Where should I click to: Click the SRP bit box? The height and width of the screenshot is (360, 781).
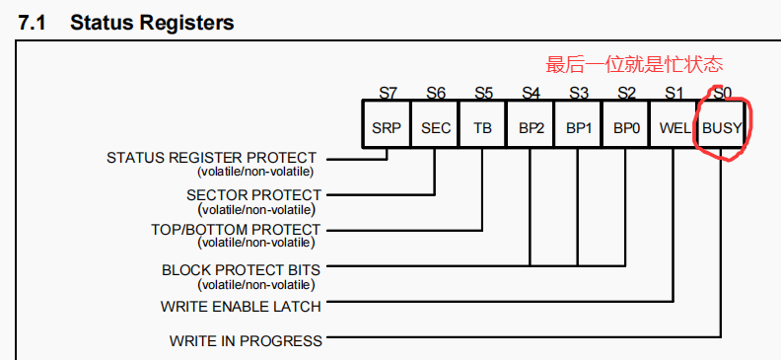point(388,127)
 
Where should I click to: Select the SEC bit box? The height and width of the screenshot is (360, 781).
point(435,127)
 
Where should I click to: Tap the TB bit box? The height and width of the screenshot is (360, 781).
point(483,127)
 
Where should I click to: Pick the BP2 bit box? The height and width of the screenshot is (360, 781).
point(531,127)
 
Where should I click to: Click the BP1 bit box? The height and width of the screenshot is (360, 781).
point(578,127)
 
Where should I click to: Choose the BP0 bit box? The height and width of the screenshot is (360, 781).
point(626,127)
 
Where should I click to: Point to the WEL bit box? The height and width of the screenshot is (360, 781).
point(674,127)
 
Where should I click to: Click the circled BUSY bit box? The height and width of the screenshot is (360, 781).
point(722,127)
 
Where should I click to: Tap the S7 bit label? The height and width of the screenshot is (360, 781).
point(388,94)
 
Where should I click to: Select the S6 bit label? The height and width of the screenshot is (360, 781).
point(435,94)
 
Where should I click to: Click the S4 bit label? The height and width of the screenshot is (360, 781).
point(531,94)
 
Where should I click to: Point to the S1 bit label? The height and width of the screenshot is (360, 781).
point(674,94)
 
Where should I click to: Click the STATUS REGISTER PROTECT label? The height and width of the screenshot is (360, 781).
point(211,158)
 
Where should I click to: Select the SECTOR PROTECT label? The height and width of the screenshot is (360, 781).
point(253,195)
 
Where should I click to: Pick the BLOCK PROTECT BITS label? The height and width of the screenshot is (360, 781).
point(242,268)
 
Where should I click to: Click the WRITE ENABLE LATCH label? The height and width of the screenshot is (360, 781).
point(241,306)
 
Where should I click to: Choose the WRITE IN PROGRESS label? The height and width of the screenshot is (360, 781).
point(246,341)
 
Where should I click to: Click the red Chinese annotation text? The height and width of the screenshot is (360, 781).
point(634,66)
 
